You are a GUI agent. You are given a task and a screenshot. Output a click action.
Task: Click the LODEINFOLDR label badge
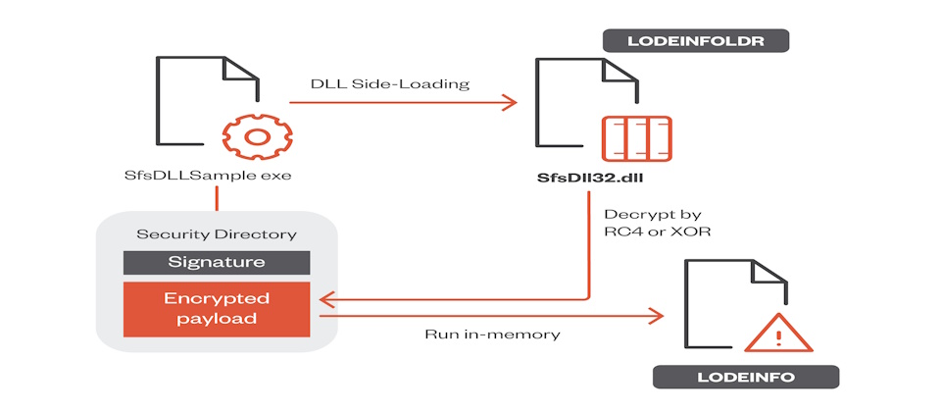tap(695, 42)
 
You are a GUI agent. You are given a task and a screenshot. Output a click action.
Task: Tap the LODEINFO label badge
tap(746, 377)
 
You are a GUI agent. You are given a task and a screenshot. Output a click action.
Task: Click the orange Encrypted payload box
tap(217, 307)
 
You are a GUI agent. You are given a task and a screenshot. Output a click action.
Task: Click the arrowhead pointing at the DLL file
tap(510, 101)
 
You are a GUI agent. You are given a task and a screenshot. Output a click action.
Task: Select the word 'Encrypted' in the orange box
tap(217, 297)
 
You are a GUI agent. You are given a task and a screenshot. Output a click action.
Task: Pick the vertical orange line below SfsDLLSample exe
tap(215, 200)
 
